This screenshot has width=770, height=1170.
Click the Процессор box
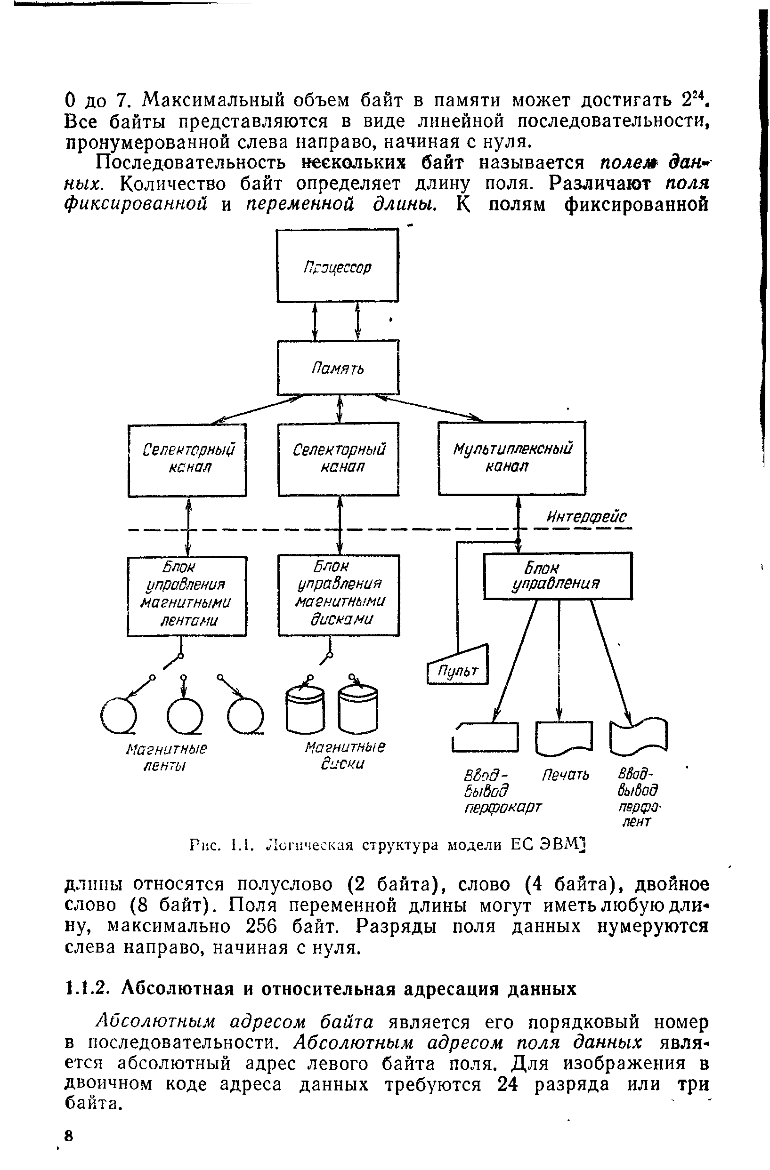pyautogui.click(x=338, y=265)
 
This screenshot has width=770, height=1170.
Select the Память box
pyautogui.click(x=338, y=368)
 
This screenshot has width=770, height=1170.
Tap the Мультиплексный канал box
pyautogui.click(x=512, y=457)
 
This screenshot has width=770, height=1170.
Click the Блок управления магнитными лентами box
pyautogui.click(x=187, y=596)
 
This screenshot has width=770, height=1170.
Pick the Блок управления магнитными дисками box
pyautogui.click(x=339, y=595)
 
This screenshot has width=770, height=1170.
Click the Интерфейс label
pyautogui.click(x=586, y=517)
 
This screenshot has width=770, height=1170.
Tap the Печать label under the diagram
pyautogui.click(x=565, y=775)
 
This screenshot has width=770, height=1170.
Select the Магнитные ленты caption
pyautogui.click(x=166, y=757)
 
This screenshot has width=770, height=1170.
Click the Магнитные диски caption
pyautogui.click(x=344, y=755)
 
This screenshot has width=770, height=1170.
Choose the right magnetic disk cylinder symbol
pyautogui.click(x=358, y=711)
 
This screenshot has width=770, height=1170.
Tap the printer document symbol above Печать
pyautogui.click(x=563, y=737)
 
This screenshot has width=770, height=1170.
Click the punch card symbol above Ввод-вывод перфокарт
pyautogui.click(x=486, y=737)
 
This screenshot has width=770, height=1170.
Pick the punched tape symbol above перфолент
pyautogui.click(x=638, y=736)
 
